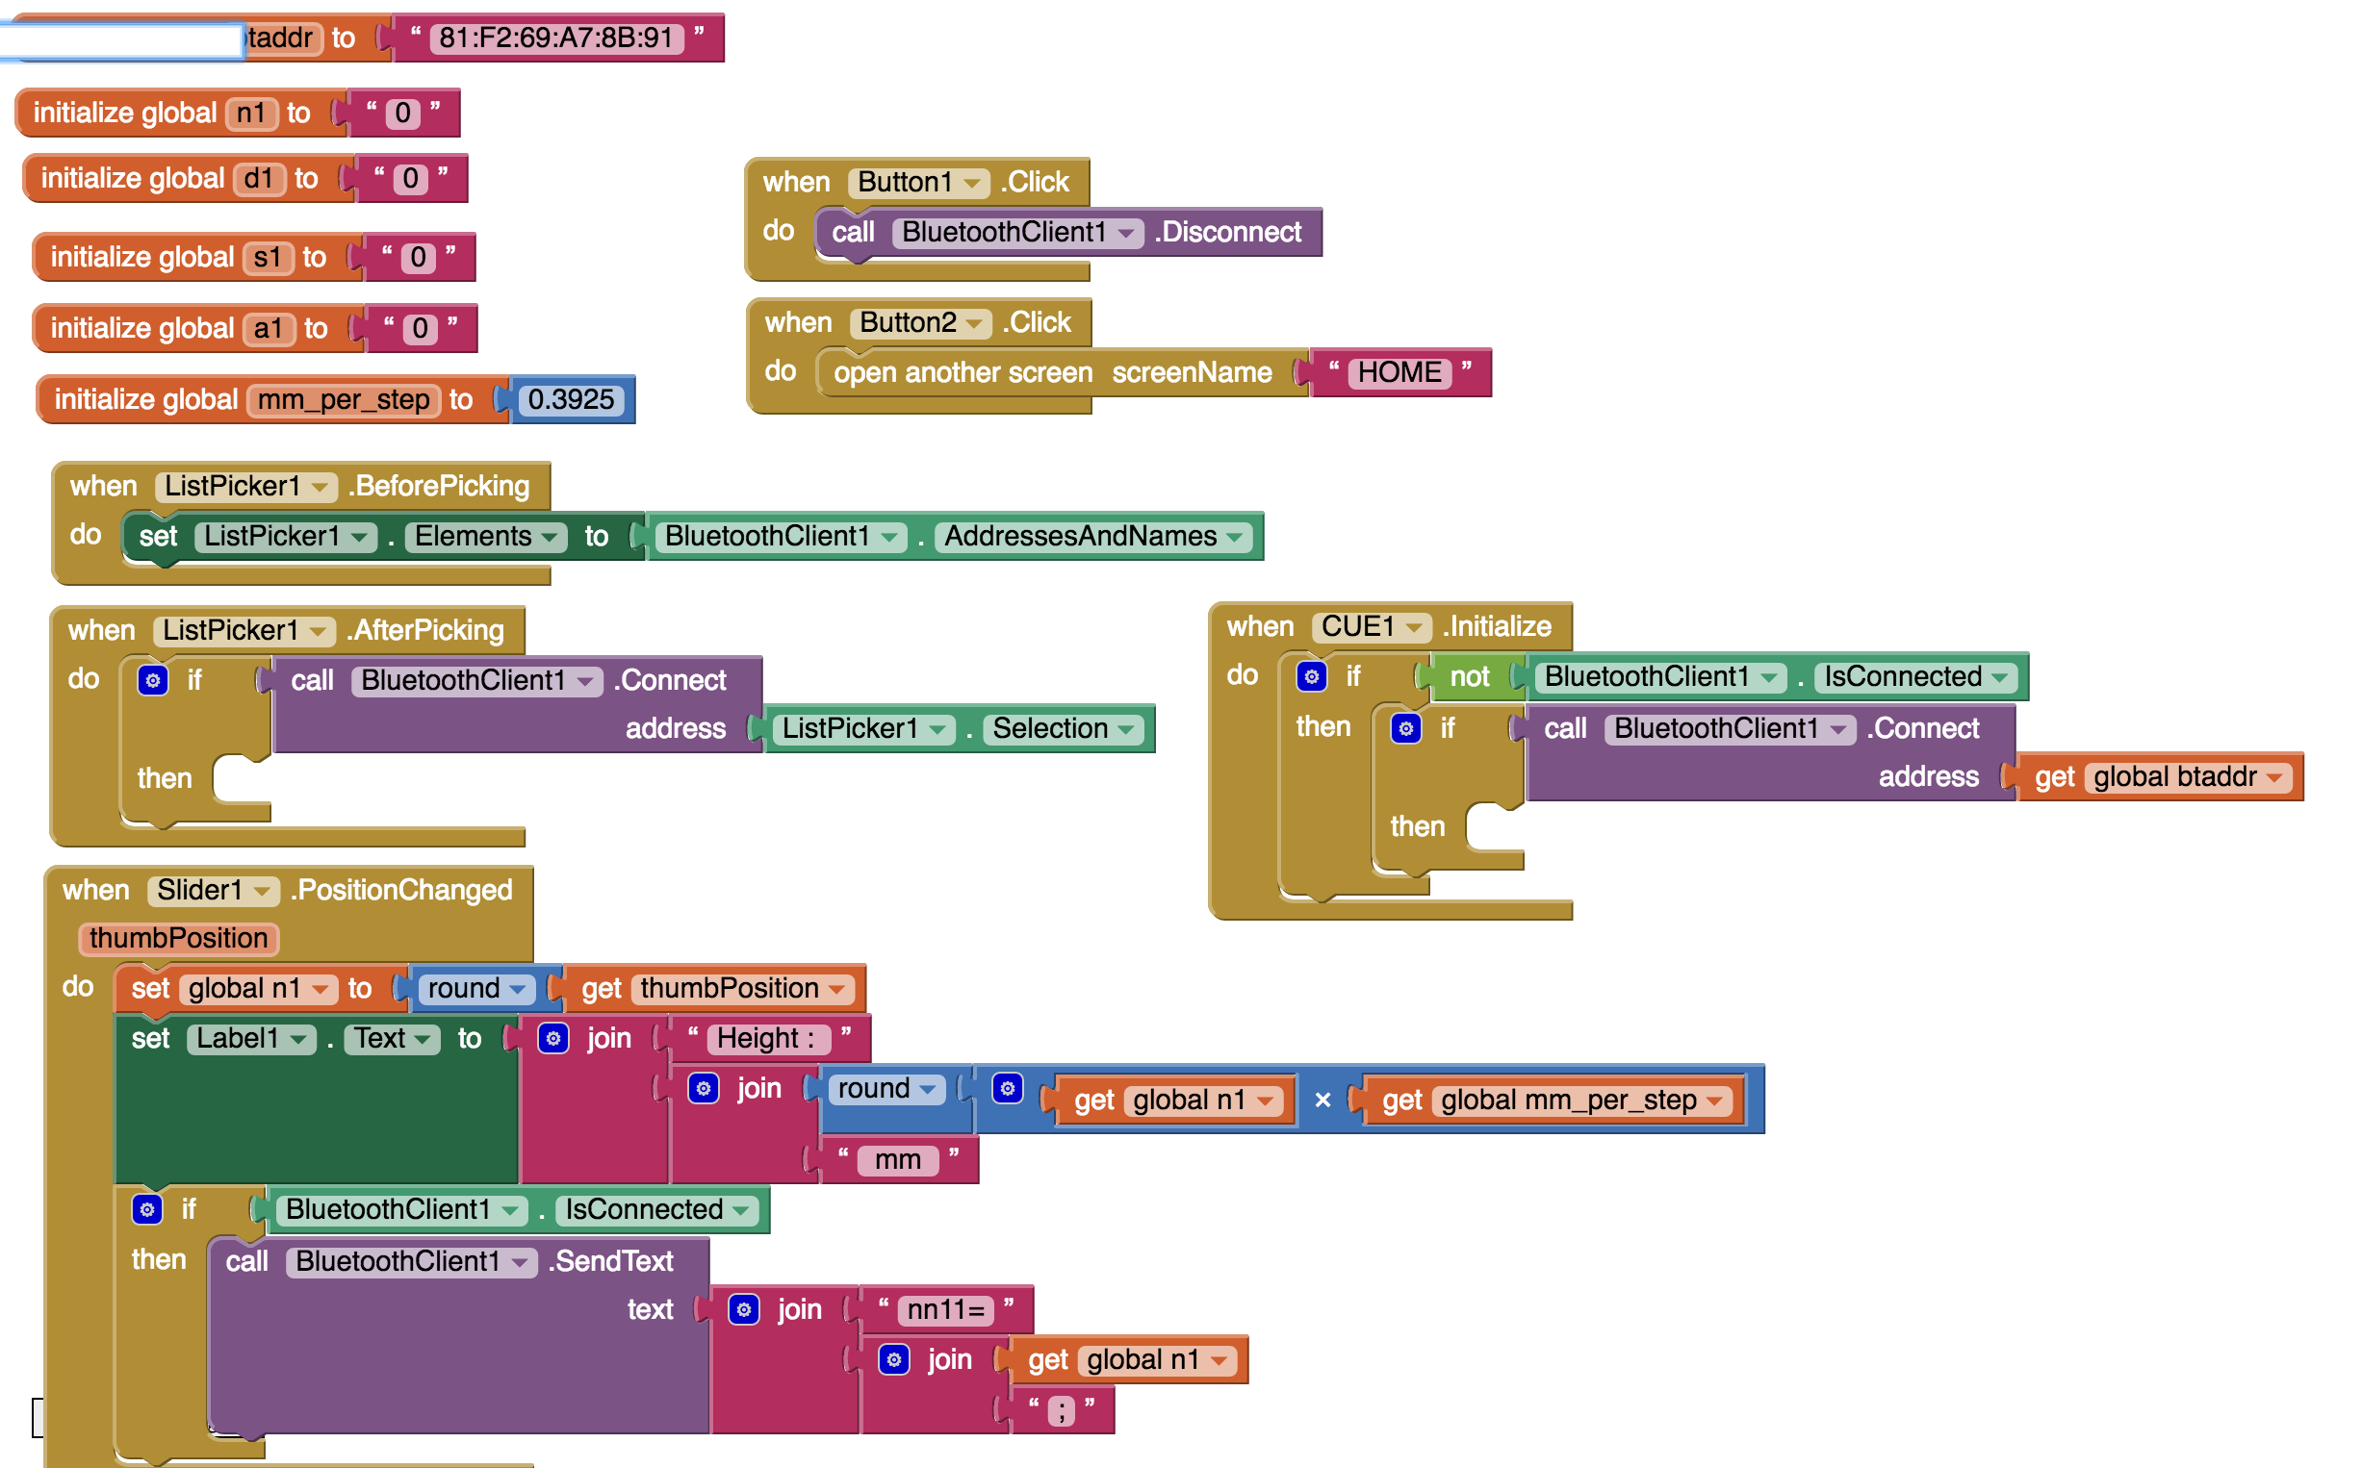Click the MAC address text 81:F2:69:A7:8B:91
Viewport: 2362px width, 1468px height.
point(555,38)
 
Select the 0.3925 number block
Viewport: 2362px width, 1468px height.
point(570,400)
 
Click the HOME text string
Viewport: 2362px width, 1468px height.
point(1399,373)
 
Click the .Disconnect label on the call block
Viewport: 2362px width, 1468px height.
point(1229,233)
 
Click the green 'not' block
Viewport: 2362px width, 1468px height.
point(1469,676)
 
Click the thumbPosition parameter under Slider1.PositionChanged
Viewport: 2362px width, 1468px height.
point(179,939)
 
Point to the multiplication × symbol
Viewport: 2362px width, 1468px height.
point(1322,1101)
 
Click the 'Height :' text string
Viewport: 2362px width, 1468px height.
point(765,1040)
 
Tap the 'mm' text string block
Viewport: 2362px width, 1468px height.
point(897,1160)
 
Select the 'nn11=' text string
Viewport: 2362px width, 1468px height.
point(945,1310)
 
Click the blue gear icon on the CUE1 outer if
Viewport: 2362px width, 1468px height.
point(1311,676)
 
